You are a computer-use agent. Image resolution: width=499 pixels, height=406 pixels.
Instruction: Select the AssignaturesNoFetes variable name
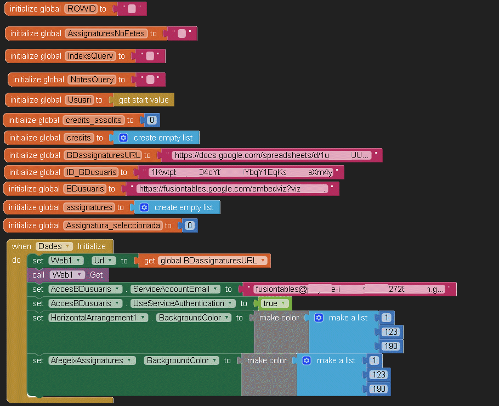pyautogui.click(x=106, y=33)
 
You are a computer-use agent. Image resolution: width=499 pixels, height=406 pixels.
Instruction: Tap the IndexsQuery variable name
pyautogui.click(x=90, y=56)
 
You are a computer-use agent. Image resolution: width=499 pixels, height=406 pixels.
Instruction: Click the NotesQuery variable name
pyautogui.click(x=92, y=80)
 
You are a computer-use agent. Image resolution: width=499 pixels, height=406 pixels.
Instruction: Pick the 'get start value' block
pyautogui.click(x=143, y=100)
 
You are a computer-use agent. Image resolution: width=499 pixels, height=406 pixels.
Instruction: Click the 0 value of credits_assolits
pyautogui.click(x=152, y=120)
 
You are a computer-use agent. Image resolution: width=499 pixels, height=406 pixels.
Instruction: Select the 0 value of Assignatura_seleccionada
pyautogui.click(x=190, y=225)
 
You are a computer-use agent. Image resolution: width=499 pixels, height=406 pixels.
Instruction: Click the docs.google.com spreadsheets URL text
pyautogui.click(x=271, y=155)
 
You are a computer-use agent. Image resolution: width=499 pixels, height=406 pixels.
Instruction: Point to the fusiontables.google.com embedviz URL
pyautogui.click(x=233, y=189)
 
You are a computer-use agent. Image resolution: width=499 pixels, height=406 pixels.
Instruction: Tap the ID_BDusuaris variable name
pyautogui.click(x=91, y=172)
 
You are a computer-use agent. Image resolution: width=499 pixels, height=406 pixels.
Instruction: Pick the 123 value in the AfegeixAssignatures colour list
pyautogui.click(x=378, y=375)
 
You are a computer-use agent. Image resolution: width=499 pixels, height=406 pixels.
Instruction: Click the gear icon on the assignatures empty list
pyautogui.click(x=144, y=207)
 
